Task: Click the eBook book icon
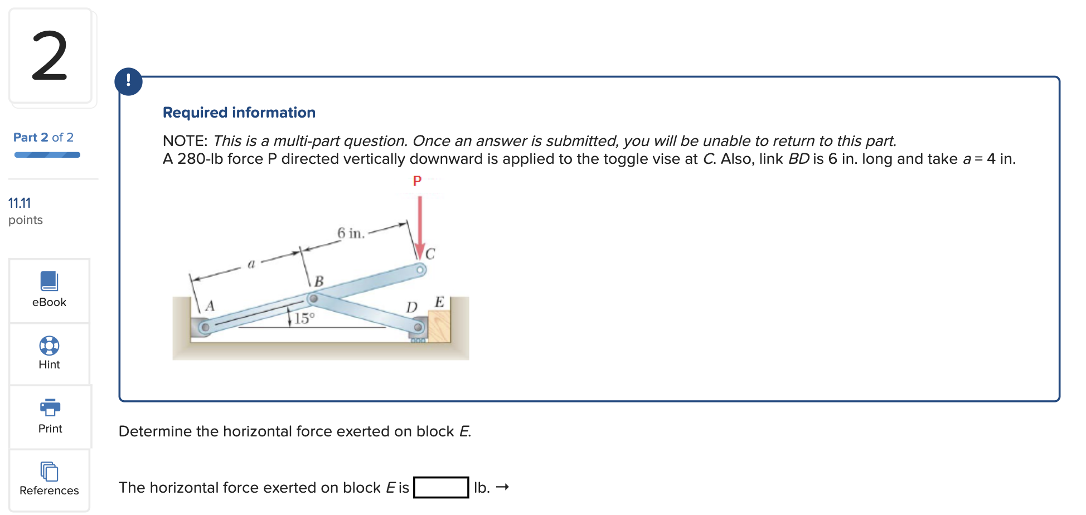(49, 281)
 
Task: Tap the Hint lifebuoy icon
(49, 346)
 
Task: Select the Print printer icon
(50, 407)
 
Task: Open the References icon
(49, 472)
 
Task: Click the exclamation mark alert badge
(129, 81)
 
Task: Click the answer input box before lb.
(440, 488)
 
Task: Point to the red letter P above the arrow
(417, 181)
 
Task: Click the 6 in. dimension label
(351, 233)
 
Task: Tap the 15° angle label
(304, 318)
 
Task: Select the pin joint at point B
(314, 299)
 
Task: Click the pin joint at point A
(205, 327)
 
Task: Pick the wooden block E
(439, 326)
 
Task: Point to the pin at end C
(420, 270)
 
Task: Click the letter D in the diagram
(411, 308)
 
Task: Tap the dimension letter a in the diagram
(251, 264)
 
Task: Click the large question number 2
(50, 56)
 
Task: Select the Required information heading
(239, 113)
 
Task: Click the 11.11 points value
(20, 203)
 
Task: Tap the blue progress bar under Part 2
(47, 155)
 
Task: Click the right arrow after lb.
(503, 487)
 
